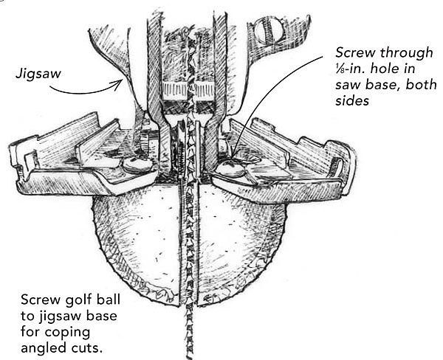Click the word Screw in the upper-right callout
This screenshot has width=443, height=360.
(352, 53)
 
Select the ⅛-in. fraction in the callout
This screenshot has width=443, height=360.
(341, 72)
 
